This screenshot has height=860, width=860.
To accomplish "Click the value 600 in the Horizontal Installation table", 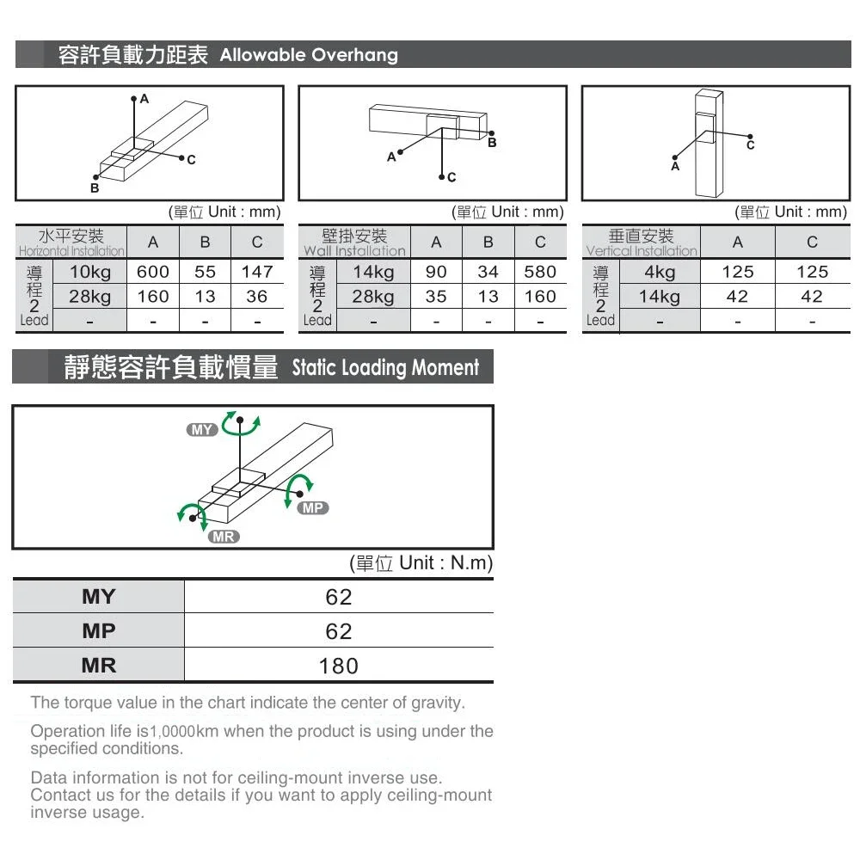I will click(153, 272).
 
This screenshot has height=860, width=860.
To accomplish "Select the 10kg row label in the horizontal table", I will click(90, 272).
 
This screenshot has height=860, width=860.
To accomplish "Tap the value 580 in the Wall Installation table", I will click(540, 272).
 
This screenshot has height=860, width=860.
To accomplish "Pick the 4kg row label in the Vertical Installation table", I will click(660, 272).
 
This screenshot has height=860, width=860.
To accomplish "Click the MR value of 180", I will click(338, 666).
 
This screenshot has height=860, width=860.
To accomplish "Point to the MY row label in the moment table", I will click(98, 597).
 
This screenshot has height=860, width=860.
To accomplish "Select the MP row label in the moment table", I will click(98, 631).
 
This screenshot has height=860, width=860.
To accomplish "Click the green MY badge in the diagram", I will click(203, 430).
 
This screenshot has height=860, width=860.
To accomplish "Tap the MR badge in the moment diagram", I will click(224, 537).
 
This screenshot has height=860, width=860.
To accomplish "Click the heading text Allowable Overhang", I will click(309, 55).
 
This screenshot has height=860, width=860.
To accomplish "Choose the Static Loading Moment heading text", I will click(385, 368).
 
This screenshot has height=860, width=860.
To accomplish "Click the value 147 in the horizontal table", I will click(257, 272).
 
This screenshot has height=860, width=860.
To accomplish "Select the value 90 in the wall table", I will click(436, 272).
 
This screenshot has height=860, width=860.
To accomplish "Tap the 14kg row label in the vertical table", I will click(660, 297).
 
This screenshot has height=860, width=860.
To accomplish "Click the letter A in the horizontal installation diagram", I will click(144, 99).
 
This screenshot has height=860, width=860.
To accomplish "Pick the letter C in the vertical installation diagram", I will click(750, 146).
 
